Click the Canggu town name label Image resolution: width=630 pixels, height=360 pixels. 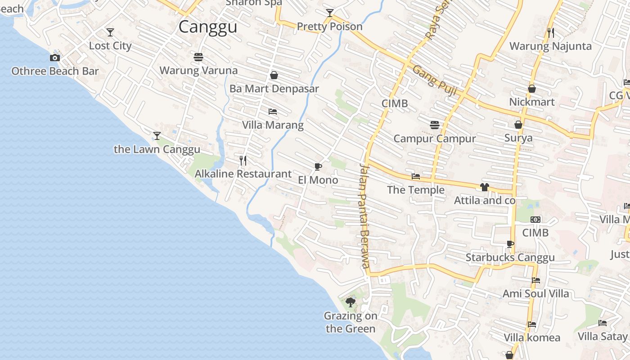pos(207,27)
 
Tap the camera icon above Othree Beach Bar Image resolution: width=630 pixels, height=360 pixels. pos(55,58)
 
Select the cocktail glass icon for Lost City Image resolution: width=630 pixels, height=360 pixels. pos(110,32)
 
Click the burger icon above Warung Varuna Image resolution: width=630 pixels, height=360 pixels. pos(198,57)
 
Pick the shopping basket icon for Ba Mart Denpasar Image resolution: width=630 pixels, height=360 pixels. pos(274,75)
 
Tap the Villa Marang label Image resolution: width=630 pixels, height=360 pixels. pos(273,125)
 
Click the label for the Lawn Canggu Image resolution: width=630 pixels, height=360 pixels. pos(157,149)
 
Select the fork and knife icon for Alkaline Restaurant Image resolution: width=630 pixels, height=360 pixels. pos(243,161)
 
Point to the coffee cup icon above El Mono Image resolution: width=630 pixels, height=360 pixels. pos(318,167)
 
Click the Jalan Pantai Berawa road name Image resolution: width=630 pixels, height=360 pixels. pos(364,216)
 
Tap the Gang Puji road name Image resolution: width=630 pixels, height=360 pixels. pos(435,81)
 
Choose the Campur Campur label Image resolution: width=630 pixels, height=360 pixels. pos(434,138)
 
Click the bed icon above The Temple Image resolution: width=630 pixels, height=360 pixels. pos(416,176)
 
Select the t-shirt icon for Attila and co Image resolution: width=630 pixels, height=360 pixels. pos(484,187)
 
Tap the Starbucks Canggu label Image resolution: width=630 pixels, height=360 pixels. pos(510,257)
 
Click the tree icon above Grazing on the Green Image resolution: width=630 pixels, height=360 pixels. pos(351,302)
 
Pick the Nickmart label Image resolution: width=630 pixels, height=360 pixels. pos(531,102)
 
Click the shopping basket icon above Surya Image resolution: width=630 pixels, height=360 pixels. pos(518,125)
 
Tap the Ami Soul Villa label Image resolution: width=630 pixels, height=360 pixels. pos(535,293)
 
